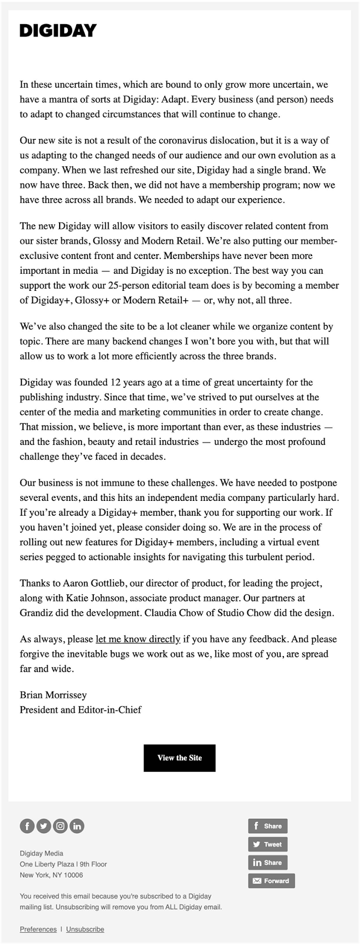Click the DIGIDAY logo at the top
click(58, 31)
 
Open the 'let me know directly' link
click(138, 639)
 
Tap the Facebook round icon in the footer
click(27, 826)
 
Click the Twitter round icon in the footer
click(44, 826)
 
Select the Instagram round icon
click(60, 826)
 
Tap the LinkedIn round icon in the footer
click(77, 826)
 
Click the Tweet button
click(267, 844)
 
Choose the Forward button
click(271, 881)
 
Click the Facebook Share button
click(267, 826)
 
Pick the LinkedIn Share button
click(267, 863)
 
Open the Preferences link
click(38, 929)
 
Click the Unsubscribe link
click(85, 929)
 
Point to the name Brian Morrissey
click(53, 695)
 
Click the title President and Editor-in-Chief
click(81, 710)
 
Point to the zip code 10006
click(73, 875)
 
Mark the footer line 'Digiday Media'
click(41, 853)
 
